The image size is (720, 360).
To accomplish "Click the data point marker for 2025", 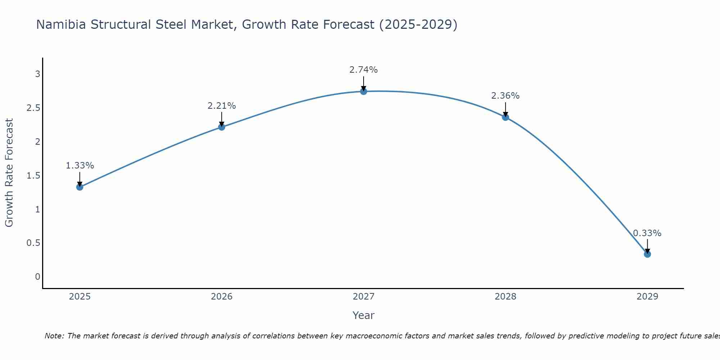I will [80, 187].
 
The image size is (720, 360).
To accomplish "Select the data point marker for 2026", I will [222, 127].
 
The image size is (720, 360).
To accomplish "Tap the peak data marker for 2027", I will [364, 91].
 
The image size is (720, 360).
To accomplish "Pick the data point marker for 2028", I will [505, 117].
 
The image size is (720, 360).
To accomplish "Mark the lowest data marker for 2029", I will [647, 254].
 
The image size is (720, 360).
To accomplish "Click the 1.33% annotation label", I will [80, 166].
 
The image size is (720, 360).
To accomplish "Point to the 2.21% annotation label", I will [222, 106].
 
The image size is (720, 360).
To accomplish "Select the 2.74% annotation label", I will [364, 70].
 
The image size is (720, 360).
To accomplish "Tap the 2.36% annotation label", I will [505, 96].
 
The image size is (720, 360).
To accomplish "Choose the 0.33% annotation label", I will [647, 233].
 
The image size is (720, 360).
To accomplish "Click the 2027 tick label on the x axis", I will [364, 297].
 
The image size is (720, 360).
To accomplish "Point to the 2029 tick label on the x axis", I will [647, 297].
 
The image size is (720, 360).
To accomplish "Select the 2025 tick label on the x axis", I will [80, 297].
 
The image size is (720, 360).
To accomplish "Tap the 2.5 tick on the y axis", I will [33, 108].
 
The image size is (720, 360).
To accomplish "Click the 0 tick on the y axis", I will [37, 277].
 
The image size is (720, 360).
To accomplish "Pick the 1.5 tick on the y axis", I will [33, 176].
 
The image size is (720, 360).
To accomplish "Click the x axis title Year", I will [364, 315].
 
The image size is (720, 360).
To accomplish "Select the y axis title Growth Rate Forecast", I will [9, 173].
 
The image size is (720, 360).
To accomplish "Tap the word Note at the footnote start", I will [54, 336].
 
